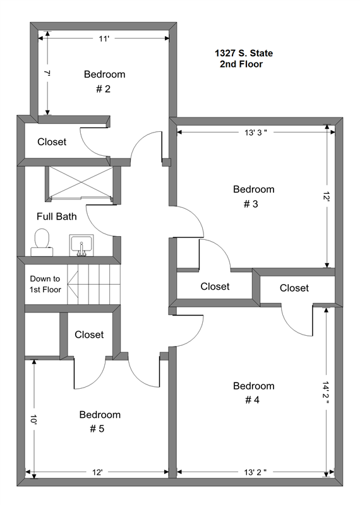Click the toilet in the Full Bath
coord(42,242)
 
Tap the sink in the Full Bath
coord(81,246)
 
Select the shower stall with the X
coord(80,182)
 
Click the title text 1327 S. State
coord(244,53)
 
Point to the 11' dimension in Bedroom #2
coord(104,39)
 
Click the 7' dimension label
coord(47,73)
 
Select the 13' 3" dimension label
coord(256,133)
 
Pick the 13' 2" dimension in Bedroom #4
coord(255,472)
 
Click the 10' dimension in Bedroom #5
coord(34,419)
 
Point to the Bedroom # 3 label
coord(254,196)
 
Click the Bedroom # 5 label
coord(100,422)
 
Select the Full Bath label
coord(57,217)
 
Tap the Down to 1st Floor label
coord(45,284)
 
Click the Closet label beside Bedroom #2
coord(52,141)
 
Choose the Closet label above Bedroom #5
coord(89,335)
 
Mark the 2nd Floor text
coord(241,64)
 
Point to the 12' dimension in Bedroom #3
coord(327,196)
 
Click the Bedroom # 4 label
coord(254,393)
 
